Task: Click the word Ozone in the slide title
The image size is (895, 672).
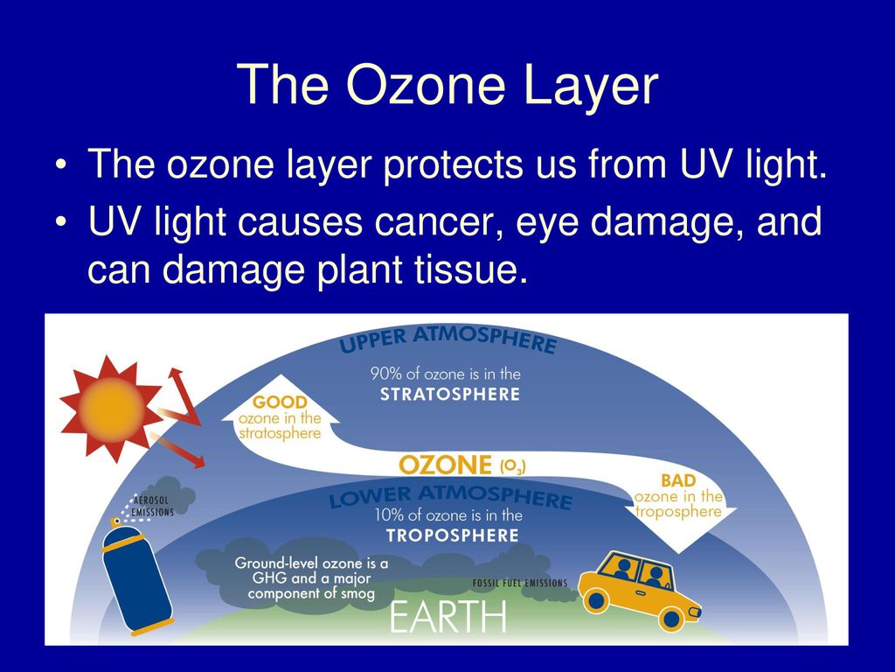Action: [426, 85]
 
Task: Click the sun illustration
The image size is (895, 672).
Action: [111, 408]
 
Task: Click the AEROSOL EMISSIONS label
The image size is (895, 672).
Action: [152, 507]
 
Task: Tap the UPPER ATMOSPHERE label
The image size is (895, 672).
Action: [447, 339]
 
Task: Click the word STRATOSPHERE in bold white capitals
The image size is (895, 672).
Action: [450, 395]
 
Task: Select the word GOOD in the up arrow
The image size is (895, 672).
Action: [280, 402]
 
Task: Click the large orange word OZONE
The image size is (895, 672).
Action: [445, 465]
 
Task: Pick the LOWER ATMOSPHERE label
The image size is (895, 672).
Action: [450, 497]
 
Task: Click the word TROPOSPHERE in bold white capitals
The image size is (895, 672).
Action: [452, 535]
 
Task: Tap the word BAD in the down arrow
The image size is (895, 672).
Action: [678, 480]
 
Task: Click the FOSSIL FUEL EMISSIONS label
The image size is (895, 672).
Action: [520, 583]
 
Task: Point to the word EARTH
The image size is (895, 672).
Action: [448, 616]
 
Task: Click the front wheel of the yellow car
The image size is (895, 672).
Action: [671, 619]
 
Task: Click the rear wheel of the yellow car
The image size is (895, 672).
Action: [596, 600]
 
